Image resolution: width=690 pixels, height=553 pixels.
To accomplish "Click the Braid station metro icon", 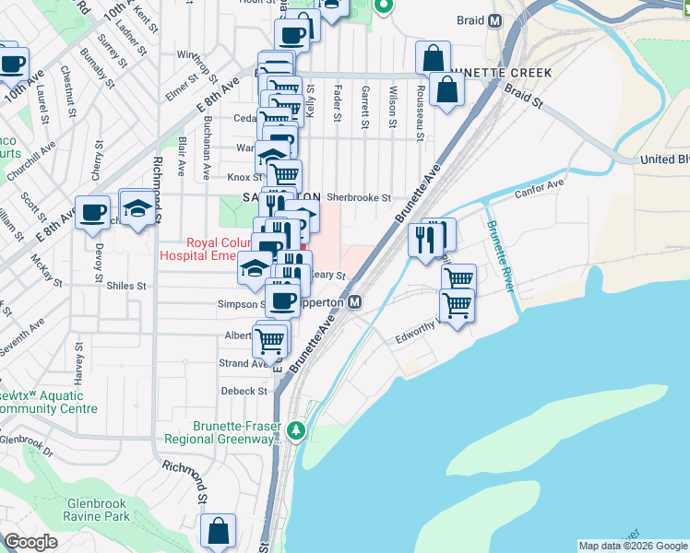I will (495, 20).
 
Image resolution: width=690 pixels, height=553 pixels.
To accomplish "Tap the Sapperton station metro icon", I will (354, 301).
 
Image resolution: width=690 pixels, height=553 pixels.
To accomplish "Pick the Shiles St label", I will (128, 286).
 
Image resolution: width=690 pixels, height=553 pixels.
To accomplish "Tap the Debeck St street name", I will (244, 391).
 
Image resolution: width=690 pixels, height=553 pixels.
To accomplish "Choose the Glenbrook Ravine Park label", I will (99, 511).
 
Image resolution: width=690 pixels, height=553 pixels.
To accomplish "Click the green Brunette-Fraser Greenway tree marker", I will (295, 430).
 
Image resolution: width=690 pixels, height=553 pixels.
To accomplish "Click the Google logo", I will (30, 542).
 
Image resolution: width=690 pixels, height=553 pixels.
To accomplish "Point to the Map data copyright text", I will (633, 546).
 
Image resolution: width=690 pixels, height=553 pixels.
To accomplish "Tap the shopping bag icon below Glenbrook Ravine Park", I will (219, 530).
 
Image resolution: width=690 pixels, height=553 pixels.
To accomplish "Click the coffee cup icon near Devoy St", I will (92, 213).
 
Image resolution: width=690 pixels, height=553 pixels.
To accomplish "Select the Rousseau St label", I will (420, 112).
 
